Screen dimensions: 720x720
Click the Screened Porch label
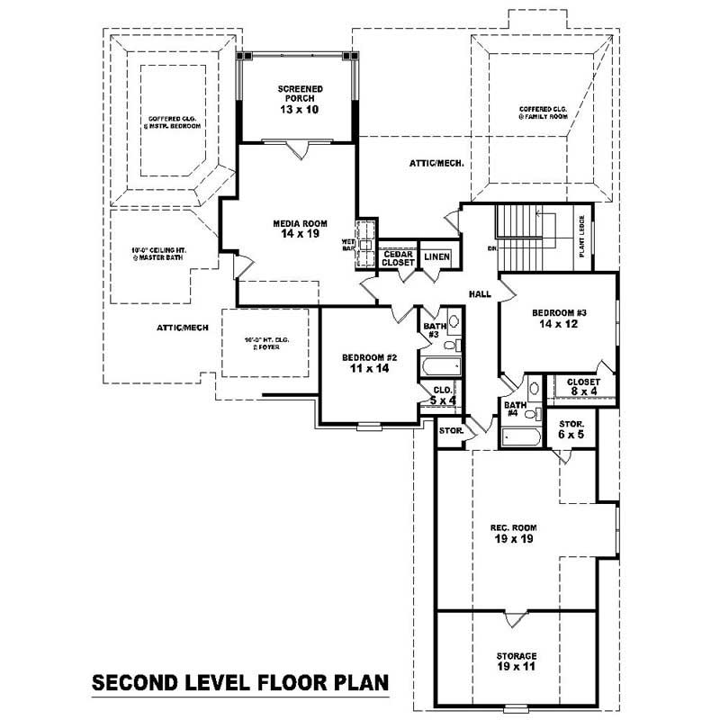click(300, 99)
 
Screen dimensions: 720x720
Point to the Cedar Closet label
click(398, 257)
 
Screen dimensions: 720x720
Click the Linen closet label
click(437, 257)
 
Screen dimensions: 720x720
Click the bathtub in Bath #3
click(440, 366)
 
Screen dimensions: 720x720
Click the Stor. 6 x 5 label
click(571, 428)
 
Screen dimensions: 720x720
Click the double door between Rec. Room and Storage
click(515, 618)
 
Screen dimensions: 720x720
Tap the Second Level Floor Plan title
click(240, 683)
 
